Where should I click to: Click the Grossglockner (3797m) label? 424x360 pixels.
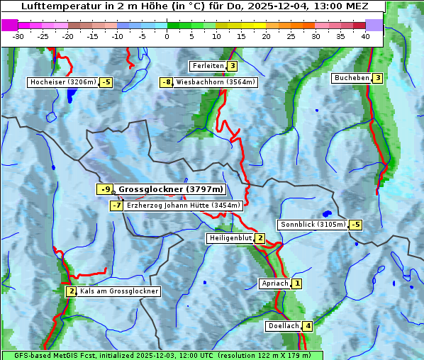coord(170,189)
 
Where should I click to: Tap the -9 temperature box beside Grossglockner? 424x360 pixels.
coord(105,189)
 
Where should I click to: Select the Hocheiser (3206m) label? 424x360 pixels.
coord(62,82)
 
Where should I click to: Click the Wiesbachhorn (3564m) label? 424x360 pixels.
coord(216,82)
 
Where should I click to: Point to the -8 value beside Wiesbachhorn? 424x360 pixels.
coord(167,82)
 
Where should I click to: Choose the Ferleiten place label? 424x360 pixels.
coord(208,66)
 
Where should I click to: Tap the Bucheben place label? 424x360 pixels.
coord(351,77)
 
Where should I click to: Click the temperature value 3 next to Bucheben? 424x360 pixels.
coord(378,77)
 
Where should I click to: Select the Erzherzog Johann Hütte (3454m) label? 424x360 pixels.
coord(184,206)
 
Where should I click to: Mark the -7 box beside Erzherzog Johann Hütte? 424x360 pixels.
coord(116,206)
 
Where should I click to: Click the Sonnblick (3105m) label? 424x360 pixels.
coord(313,225)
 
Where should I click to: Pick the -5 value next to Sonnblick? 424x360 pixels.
coord(355,225)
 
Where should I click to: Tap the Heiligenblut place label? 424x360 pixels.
coord(230,238)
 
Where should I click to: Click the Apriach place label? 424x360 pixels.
coord(274,283)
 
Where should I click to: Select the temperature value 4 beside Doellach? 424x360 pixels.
coord(307,327)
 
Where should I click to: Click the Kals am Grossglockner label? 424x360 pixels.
coord(118,291)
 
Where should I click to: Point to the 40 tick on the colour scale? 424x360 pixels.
coord(365,36)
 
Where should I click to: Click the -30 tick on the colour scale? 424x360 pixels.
coord(18,36)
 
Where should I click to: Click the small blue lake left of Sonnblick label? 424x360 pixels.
coord(326,213)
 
